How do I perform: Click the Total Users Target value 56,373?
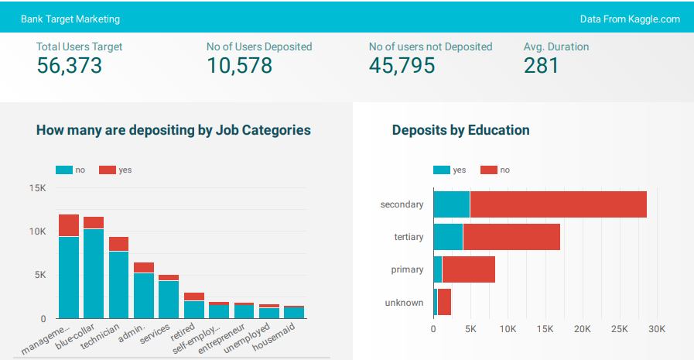tap(69, 66)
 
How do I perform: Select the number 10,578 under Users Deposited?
tap(239, 66)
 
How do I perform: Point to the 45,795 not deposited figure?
tap(402, 66)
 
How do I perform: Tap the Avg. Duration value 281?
tap(541, 66)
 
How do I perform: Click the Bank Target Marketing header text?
tap(70, 19)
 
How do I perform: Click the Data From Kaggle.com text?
tap(630, 19)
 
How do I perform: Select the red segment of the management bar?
tap(69, 225)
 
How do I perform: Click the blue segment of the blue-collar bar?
tap(94, 273)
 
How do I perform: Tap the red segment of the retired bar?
tap(193, 297)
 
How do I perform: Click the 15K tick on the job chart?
tap(37, 188)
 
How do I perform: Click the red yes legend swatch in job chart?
tap(107, 170)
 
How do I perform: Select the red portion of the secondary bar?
tap(558, 204)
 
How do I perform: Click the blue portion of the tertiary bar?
tap(448, 237)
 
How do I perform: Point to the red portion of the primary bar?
tap(468, 269)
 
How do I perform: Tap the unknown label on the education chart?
tap(404, 303)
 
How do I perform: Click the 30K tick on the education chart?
tap(656, 328)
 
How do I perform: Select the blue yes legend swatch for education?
tap(441, 170)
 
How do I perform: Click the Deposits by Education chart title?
tap(460, 130)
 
